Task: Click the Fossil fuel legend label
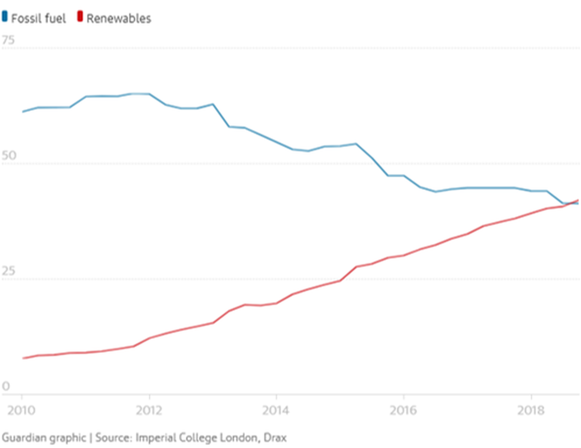[x=38, y=19]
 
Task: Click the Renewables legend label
[x=119, y=19]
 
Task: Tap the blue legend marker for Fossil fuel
[x=5, y=16]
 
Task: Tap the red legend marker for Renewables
[x=80, y=16]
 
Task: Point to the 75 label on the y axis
[x=8, y=40]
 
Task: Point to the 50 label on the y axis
[x=9, y=155]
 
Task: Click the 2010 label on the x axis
[x=21, y=410]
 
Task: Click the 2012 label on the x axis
[x=149, y=410]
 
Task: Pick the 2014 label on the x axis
[x=276, y=410]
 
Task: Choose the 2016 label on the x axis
[x=403, y=410]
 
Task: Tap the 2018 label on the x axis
[x=531, y=410]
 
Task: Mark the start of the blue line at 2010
[x=23, y=112]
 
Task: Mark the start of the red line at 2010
[x=23, y=358]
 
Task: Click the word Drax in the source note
[x=275, y=438]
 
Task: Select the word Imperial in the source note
[x=156, y=438]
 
